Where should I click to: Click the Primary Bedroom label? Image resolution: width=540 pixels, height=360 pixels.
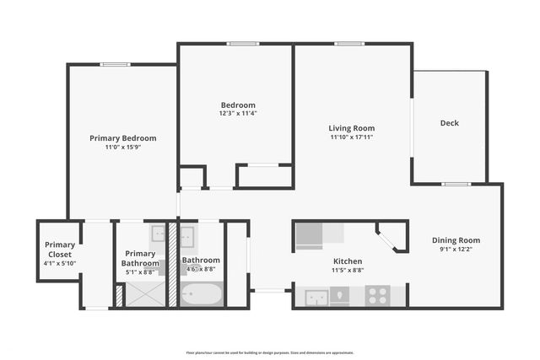pos(123,137)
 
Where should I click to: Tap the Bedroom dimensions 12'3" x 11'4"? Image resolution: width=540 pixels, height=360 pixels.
pos(237,113)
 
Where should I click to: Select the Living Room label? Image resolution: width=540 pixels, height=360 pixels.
pos(352,128)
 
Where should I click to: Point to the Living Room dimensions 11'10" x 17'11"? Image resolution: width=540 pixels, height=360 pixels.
pos(352,137)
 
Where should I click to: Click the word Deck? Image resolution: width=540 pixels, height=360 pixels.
pos(450,123)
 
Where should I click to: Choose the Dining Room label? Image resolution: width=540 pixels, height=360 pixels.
pos(456,240)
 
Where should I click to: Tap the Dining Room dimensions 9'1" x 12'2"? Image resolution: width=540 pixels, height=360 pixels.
pos(456,249)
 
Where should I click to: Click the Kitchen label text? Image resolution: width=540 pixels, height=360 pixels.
pos(348,261)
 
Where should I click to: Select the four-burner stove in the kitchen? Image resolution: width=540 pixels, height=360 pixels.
pos(377,296)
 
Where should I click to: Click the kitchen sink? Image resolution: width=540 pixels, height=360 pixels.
pos(317,297)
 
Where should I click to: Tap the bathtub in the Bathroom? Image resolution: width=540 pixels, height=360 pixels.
pos(202,295)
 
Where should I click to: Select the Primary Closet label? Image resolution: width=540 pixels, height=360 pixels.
pos(59,250)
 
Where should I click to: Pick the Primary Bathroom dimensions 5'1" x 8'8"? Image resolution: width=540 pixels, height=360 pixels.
pos(140,272)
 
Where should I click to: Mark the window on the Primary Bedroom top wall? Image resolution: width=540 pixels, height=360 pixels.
pos(115,65)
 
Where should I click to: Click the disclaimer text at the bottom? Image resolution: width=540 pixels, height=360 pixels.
pos(270,352)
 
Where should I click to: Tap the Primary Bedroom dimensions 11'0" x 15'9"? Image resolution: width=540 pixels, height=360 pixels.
pos(123,148)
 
